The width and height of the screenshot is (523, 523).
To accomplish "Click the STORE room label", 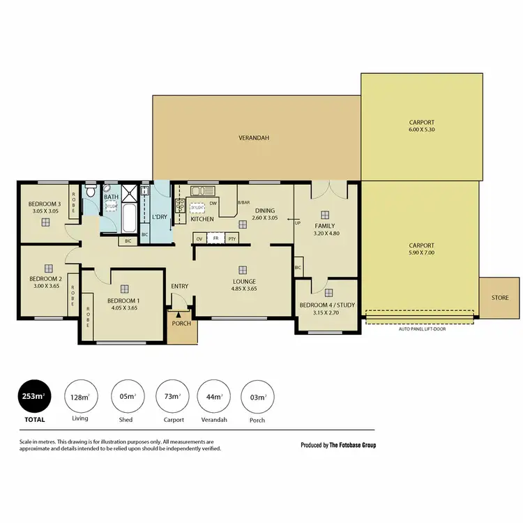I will click(499, 298).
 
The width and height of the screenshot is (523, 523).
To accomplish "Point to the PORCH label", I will click(181, 324).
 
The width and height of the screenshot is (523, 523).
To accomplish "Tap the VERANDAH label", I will click(254, 138).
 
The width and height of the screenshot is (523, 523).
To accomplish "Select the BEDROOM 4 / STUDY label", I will click(326, 305).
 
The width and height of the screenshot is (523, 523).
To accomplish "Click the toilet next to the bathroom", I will click(91, 191).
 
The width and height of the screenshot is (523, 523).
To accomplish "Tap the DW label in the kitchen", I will click(213, 204).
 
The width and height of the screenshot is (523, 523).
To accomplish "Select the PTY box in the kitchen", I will click(232, 238).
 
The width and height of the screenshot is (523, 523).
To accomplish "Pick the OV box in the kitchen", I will click(199, 238).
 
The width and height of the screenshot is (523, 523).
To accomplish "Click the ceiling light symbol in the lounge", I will click(242, 270).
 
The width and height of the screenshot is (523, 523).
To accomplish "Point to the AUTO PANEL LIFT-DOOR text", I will click(422, 328).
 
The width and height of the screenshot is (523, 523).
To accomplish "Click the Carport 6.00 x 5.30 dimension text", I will click(421, 131).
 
